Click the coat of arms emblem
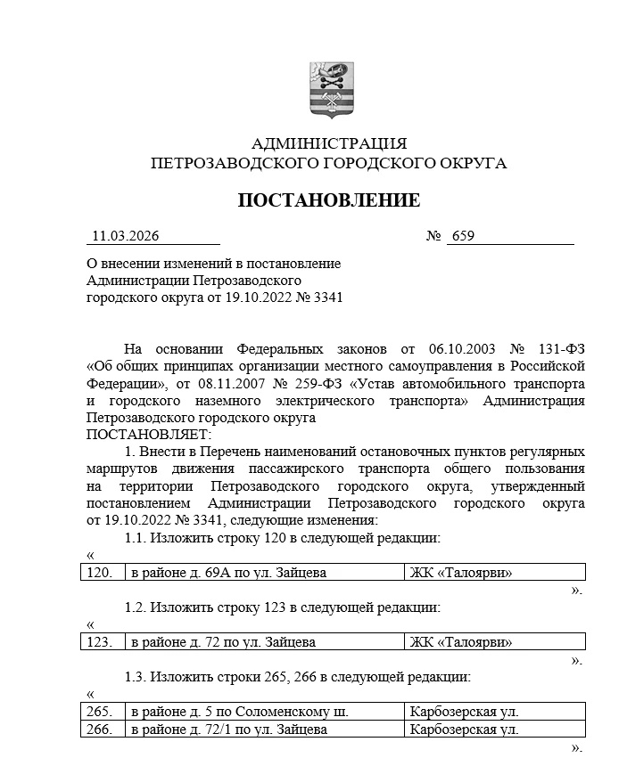pyautogui.click(x=330, y=90)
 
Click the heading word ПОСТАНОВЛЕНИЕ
pyautogui.click(x=328, y=200)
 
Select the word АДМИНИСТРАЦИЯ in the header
pyautogui.click(x=329, y=143)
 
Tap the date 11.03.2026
pyautogui.click(x=125, y=236)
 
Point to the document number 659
pyautogui.click(x=463, y=236)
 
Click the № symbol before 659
pyautogui.click(x=434, y=236)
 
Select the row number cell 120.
pyautogui.click(x=99, y=573)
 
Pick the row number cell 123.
pyautogui.click(x=99, y=642)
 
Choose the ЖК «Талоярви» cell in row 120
pyautogui.click(x=461, y=573)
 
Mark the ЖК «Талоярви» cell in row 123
pyautogui.click(x=461, y=642)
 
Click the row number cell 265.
pyautogui.click(x=99, y=712)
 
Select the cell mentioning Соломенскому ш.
pyautogui.click(x=238, y=712)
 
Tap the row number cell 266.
pyautogui.click(x=99, y=729)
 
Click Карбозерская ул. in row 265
pyautogui.click(x=464, y=712)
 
